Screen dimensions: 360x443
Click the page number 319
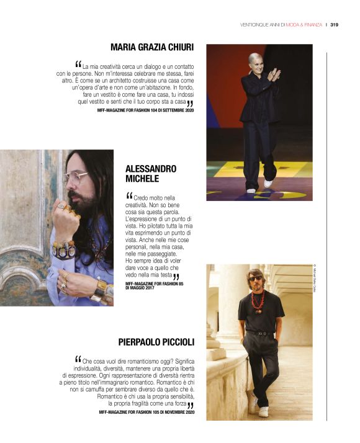333,25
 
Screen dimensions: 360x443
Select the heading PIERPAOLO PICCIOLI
156,342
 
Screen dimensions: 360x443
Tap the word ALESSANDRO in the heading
151,169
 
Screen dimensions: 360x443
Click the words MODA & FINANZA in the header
304,25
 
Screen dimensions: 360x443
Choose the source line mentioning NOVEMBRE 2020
146,412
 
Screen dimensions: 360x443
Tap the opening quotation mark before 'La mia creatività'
78,64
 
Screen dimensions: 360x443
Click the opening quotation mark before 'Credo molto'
129,196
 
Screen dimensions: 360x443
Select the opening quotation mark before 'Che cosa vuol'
78,360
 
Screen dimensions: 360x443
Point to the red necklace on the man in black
258,302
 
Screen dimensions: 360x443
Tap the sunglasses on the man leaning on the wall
256,279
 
